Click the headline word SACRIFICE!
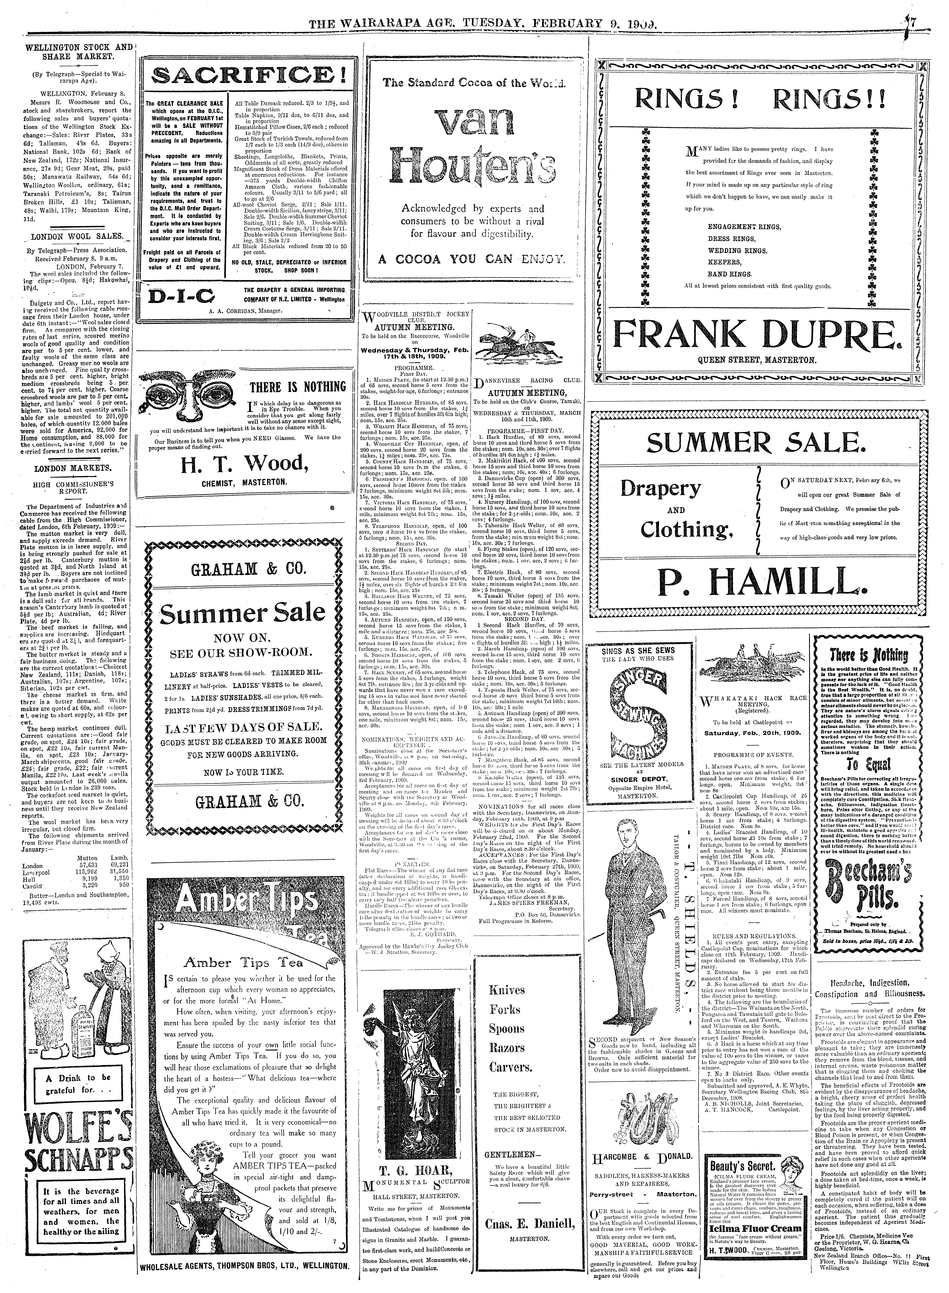(249, 75)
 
